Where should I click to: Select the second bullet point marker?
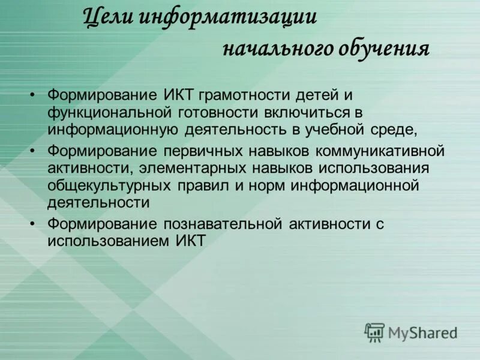[x=34, y=149]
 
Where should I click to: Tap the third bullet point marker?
[x=34, y=224]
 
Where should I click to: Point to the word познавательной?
[x=221, y=224]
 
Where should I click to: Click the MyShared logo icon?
[x=374, y=332]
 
